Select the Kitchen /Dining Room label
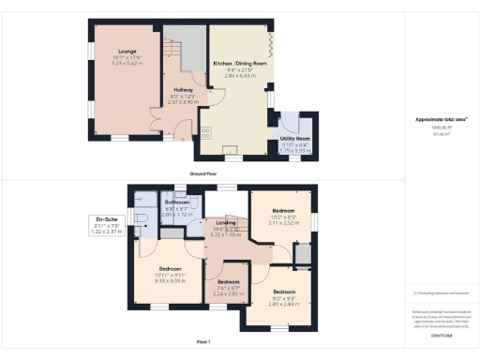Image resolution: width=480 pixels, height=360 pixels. tap(239, 65)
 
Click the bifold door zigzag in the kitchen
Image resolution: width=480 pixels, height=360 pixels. tap(270, 43)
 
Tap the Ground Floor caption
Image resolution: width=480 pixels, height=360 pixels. tap(205, 174)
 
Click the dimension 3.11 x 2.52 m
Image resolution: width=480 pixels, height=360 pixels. tap(284, 224)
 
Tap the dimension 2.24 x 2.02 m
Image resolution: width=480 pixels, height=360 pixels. tap(229, 293)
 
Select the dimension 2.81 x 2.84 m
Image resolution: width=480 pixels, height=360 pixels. tap(284, 278)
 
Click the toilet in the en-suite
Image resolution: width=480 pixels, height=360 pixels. tap(142, 219)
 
